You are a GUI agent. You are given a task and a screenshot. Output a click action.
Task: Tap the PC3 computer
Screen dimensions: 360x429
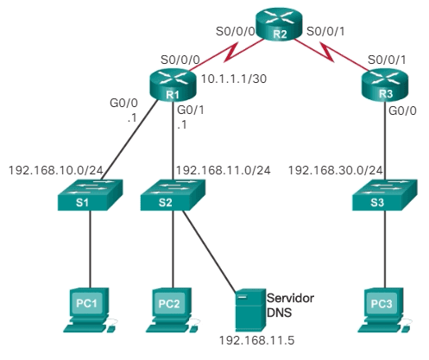tap(382, 309)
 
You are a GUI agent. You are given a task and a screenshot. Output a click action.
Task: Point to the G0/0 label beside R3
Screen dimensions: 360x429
tap(402, 111)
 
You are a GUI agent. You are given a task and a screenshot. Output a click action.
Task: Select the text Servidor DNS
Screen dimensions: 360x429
tap(291, 304)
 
